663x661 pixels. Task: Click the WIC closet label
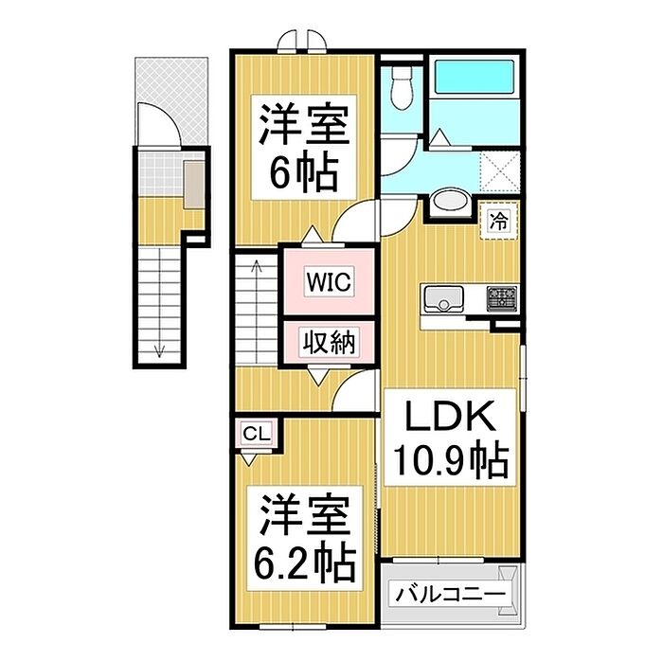pyautogui.click(x=328, y=281)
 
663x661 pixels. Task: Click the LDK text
pyautogui.click(x=449, y=417)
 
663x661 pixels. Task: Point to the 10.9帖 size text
pyautogui.click(x=450, y=461)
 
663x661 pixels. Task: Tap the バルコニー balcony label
pyautogui.click(x=449, y=595)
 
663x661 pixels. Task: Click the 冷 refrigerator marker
pyautogui.click(x=498, y=223)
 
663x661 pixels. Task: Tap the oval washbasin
pyautogui.click(x=447, y=204)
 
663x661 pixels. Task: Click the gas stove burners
pyautogui.click(x=501, y=299)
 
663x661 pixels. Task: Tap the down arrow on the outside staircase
pyautogui.click(x=159, y=348)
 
